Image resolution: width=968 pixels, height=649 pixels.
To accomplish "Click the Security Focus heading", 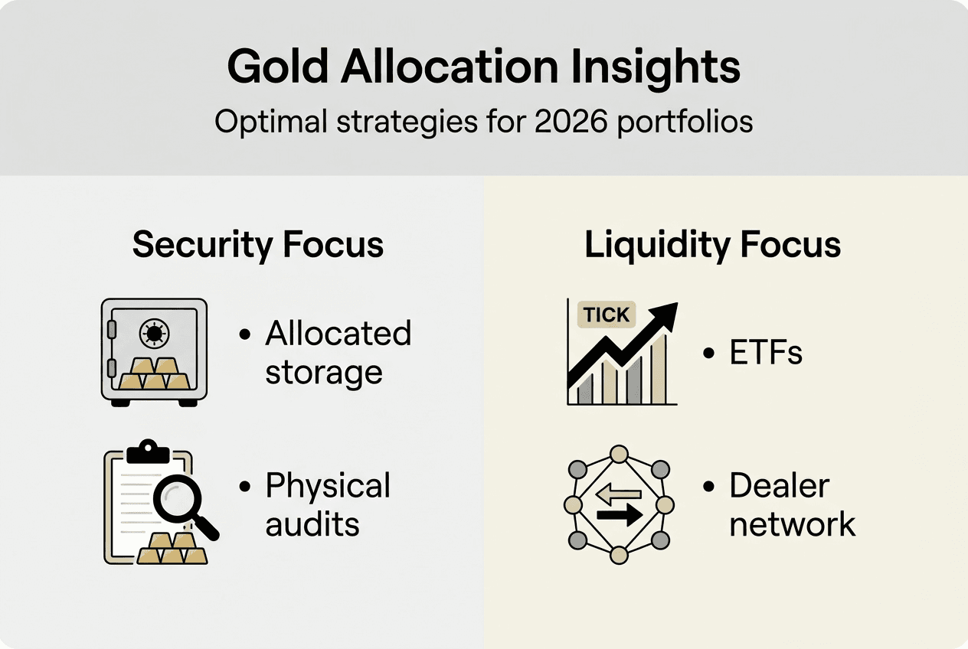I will click(257, 245).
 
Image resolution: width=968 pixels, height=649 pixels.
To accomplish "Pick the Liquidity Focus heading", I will click(712, 245).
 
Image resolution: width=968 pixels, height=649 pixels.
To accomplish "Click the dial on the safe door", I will click(154, 333).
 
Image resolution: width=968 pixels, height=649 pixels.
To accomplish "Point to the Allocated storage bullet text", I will click(338, 353).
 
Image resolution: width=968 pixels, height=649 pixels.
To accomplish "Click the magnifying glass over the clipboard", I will click(181, 501).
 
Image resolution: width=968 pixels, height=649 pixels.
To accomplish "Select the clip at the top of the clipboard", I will click(148, 452).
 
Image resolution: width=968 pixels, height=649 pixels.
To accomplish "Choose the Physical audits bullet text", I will click(328, 504).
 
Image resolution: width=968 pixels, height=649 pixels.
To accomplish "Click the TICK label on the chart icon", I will click(606, 315).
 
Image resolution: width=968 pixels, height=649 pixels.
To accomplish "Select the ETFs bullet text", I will click(764, 353).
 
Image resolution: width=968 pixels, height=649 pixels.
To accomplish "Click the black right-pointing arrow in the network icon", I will click(620, 517).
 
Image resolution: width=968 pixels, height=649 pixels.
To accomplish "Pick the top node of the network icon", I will click(618, 453).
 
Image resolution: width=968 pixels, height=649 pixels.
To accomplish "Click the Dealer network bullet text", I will click(792, 504).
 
